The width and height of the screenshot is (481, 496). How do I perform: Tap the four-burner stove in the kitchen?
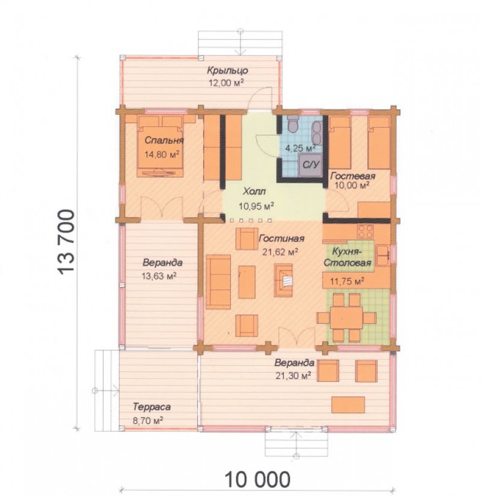tap(365, 231)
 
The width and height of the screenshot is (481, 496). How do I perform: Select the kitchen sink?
tap(383, 255)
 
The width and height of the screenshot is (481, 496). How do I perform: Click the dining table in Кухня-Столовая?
tap(346, 318)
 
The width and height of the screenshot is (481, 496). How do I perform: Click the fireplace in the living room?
tap(283, 280)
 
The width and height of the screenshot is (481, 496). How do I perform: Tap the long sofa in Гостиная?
tap(218, 282)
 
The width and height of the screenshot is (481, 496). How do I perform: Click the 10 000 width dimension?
tap(257, 479)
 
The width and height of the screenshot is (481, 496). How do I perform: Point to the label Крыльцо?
tap(227, 70)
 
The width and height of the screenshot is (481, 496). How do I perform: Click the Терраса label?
tap(152, 407)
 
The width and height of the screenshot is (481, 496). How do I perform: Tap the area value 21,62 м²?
tap(280, 252)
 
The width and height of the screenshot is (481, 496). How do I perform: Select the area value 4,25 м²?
tap(301, 148)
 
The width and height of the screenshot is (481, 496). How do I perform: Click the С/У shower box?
tap(311, 164)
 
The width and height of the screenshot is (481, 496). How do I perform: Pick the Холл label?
tap(254, 192)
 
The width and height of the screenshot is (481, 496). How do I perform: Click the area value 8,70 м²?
tap(148, 421)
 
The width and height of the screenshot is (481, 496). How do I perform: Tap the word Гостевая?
tap(353, 176)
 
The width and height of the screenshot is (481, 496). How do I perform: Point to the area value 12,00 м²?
tap(226, 83)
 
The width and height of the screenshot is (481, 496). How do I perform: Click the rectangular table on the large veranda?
tap(348, 405)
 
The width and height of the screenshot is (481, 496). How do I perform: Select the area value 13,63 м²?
tap(159, 276)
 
